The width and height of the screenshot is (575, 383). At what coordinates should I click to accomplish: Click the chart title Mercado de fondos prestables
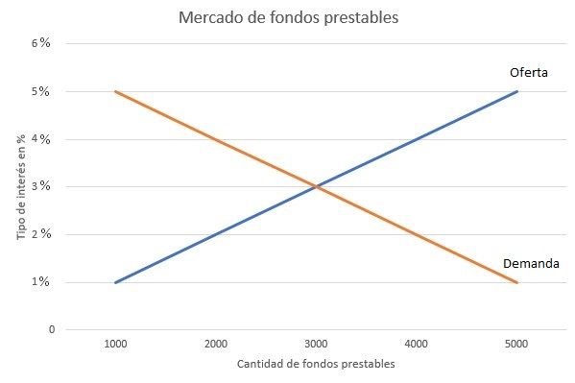(287, 18)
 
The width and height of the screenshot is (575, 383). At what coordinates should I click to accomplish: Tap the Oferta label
(528, 73)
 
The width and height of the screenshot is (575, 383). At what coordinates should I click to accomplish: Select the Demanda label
(531, 264)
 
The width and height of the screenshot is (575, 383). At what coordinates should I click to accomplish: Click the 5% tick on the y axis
(42, 92)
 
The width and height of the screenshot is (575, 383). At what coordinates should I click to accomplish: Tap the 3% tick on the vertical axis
(42, 187)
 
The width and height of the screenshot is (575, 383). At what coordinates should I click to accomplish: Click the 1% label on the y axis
(43, 282)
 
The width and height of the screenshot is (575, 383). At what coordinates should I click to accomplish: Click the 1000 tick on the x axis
(115, 343)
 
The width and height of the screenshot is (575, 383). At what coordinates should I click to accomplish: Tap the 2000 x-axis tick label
(216, 343)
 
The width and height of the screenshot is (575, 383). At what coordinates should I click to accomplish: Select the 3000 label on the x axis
(316, 343)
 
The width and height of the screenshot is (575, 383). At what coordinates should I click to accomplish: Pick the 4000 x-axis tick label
(417, 343)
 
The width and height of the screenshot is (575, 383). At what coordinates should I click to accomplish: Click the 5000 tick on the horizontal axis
(517, 343)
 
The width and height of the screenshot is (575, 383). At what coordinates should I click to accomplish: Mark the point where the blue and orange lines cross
(316, 187)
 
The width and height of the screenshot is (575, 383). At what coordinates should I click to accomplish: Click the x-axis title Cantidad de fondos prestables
(316, 364)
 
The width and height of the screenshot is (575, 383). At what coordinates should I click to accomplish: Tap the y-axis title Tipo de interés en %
(18, 188)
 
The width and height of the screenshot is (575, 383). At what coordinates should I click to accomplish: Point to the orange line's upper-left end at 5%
(115, 92)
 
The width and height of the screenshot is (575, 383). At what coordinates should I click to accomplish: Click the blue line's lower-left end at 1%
(115, 282)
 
